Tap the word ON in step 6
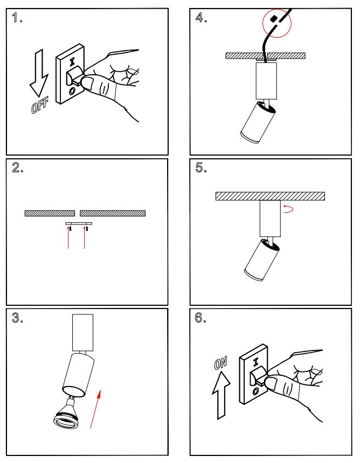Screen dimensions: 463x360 [x=220, y=364]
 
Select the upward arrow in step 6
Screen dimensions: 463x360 [x=221, y=396]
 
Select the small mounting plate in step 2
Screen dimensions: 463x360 [x=79, y=222]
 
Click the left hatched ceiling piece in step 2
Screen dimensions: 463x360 [x=50, y=213]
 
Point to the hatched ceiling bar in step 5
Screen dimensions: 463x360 [x=269, y=196]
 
